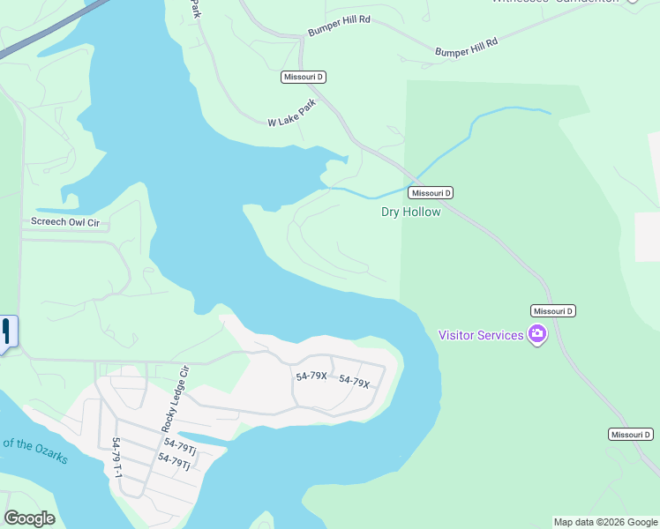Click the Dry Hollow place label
point(410,212)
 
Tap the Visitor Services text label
point(481,335)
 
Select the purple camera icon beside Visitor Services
point(537,334)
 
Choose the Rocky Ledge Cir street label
point(172,398)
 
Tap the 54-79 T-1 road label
point(116,457)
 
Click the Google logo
point(29,518)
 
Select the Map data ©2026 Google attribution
point(605,522)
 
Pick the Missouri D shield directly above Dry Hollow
point(431,193)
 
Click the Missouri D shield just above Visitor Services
point(553,311)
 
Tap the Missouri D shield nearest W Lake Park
point(304,78)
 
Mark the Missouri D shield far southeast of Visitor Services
point(631,435)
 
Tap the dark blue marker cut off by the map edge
point(7,333)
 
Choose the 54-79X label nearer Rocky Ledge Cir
point(311,376)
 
